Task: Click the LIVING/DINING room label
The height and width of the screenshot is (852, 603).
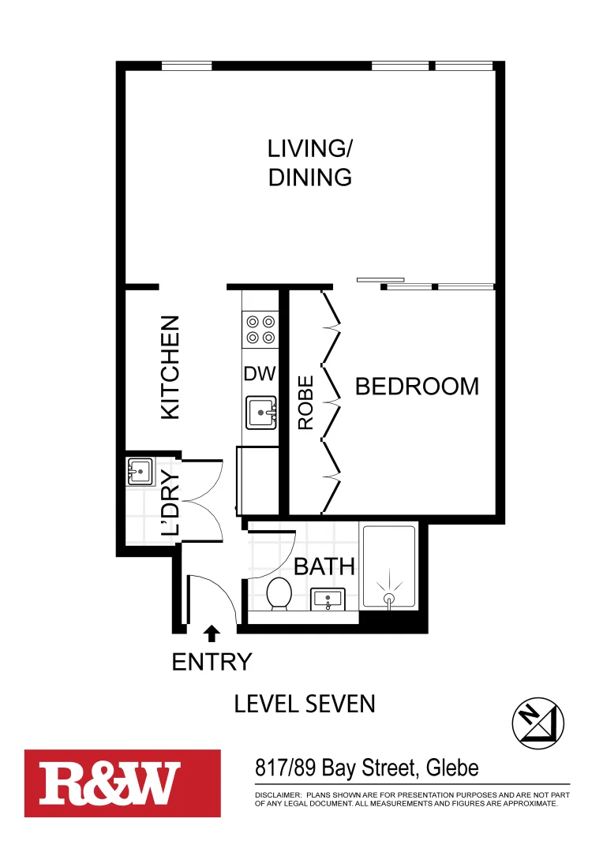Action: [x=309, y=163]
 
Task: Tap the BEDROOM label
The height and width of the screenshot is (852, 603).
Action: [x=417, y=387]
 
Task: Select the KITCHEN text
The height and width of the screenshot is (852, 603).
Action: [x=170, y=367]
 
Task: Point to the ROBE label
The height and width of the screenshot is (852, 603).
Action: [x=305, y=402]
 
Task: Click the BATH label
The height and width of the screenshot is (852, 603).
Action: [x=324, y=566]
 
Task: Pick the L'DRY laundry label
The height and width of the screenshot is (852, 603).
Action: [x=170, y=503]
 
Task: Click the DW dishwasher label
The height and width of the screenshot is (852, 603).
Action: [x=260, y=374]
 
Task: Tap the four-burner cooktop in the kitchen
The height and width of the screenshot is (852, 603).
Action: [x=260, y=329]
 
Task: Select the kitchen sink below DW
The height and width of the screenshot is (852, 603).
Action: [x=261, y=413]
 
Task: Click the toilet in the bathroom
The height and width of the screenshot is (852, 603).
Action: [x=279, y=593]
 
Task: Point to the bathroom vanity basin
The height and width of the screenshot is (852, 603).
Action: [x=328, y=600]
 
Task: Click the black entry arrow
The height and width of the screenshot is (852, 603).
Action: [x=211, y=632]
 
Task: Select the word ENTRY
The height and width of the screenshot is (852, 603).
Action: [x=212, y=662]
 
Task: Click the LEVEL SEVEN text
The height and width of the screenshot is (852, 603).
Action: [x=305, y=704]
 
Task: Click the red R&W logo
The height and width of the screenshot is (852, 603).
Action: [x=122, y=783]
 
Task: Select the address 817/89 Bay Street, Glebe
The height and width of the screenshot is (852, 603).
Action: [x=367, y=767]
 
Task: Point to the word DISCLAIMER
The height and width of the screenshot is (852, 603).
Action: [x=277, y=794]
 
